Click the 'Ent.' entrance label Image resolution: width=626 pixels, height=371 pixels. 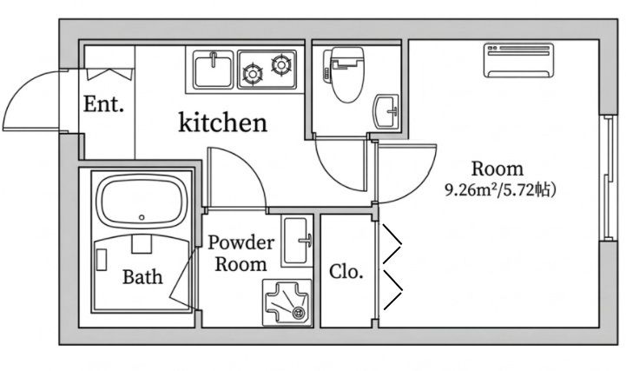coord(103,104)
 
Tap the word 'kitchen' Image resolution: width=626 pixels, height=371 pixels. coord(223,123)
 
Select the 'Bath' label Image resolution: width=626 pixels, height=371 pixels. coord(142,277)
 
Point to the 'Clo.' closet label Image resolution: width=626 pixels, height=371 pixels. coord(346,272)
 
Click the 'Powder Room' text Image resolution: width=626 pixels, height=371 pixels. coord(241,253)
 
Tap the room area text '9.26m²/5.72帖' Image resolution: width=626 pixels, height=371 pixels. coord(500,190)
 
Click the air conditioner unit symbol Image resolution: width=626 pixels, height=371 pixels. coord(518,60)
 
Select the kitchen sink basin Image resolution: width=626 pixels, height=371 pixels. coord(214,70)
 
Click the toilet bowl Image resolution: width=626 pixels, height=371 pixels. coord(347,75)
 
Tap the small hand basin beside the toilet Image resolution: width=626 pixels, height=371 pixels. coord(386,112)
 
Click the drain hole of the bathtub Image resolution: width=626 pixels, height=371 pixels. coord(142,217)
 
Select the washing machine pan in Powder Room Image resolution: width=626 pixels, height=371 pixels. coord(287,302)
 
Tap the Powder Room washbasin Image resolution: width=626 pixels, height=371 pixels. coord(297,241)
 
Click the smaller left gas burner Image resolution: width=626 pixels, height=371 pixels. coord(253,74)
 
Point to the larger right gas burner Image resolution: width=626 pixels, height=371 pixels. coord(282,64)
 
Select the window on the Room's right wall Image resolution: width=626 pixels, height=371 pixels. coord(609,178)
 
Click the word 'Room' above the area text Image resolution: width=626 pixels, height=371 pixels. coord(497,169)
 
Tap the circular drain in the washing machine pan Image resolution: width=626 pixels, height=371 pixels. coord(298,313)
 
